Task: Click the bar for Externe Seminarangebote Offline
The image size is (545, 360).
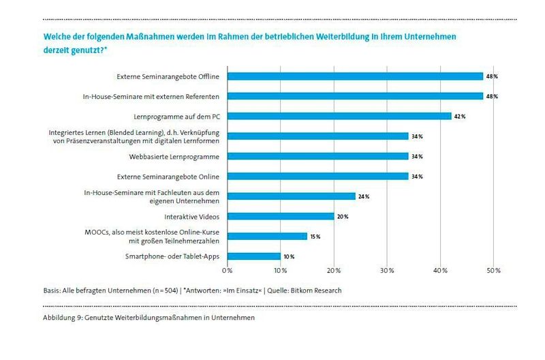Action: click(355, 76)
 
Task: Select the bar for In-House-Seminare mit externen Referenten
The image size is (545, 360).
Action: click(355, 96)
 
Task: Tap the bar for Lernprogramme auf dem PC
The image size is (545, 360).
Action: click(339, 117)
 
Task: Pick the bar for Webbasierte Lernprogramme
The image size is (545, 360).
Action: click(317, 156)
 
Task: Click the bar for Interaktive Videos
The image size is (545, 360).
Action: click(281, 216)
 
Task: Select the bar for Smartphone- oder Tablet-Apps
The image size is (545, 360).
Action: click(254, 256)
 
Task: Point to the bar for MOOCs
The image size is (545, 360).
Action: click(267, 236)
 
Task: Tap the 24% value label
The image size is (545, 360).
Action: click(363, 196)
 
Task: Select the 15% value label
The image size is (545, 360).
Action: click(315, 236)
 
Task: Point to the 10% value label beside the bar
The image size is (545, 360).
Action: click(289, 256)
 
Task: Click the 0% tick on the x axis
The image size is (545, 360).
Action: click(228, 271)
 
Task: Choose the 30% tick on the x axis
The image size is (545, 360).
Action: click(387, 271)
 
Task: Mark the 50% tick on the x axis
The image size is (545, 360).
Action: click(493, 271)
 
